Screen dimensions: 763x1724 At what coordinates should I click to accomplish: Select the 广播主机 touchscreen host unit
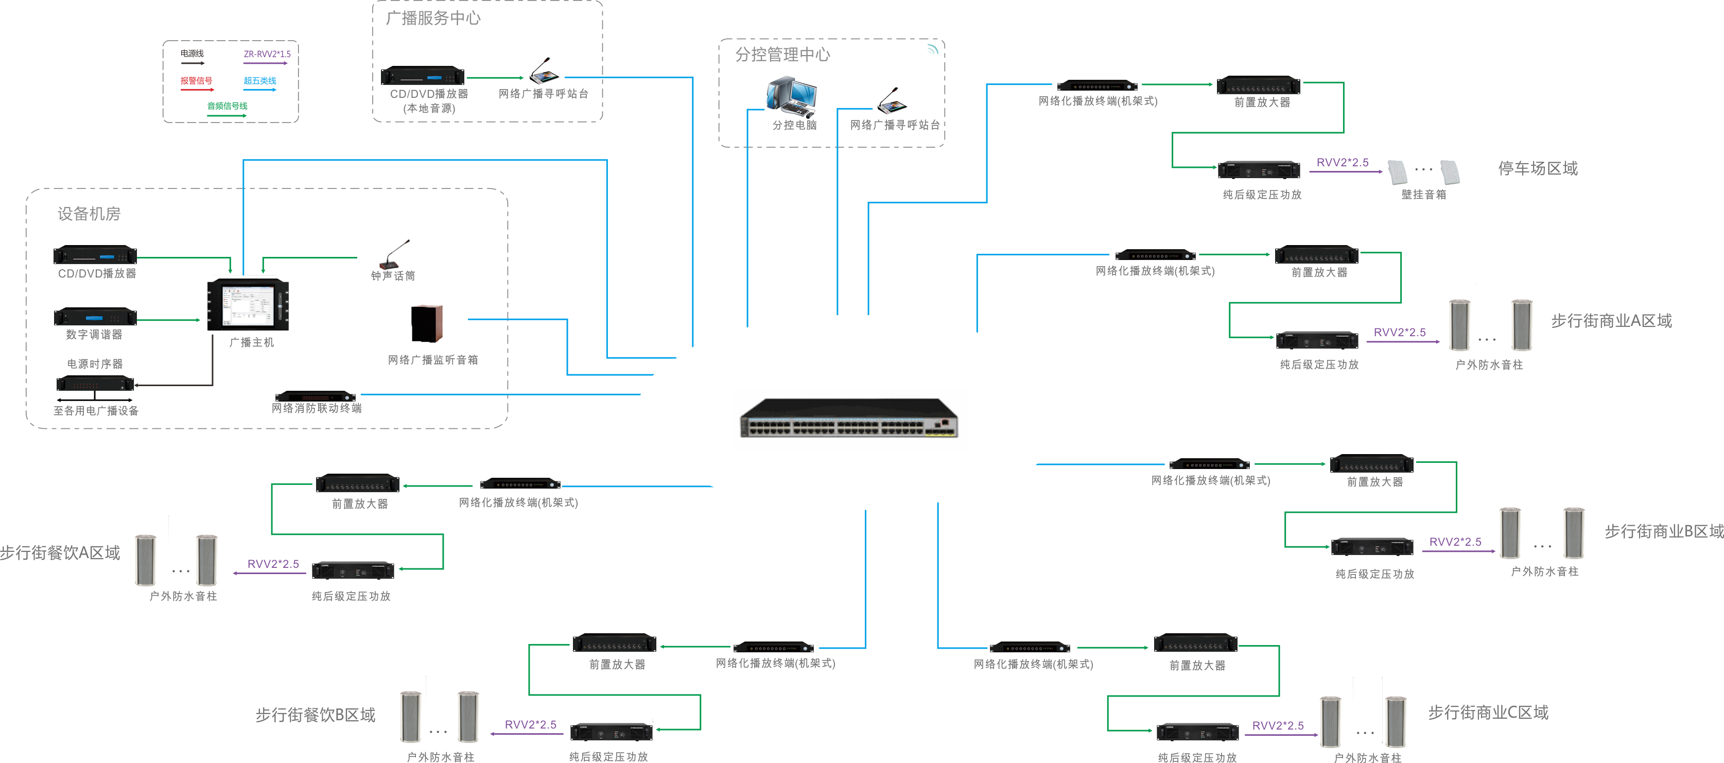248,305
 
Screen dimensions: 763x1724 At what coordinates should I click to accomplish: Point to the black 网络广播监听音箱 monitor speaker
427,324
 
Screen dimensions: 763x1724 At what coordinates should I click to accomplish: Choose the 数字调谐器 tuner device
95,316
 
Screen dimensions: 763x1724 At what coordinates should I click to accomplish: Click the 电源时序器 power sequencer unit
95,384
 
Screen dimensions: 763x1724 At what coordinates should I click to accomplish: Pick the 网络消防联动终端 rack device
315,395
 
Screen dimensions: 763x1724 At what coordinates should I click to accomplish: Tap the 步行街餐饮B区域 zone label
315,715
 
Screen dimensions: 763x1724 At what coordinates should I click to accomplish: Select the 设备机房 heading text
89,214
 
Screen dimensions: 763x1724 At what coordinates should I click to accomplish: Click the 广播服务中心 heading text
433,18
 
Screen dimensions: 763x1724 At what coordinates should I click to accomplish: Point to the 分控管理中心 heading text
782,54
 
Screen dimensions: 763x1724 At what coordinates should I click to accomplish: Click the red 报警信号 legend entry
196,81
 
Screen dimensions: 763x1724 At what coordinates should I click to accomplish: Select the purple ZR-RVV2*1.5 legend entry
266,54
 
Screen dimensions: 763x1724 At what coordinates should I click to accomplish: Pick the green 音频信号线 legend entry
227,106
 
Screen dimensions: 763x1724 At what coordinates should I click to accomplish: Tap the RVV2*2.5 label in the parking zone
1342,163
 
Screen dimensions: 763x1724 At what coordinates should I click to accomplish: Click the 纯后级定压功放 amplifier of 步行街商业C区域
1197,732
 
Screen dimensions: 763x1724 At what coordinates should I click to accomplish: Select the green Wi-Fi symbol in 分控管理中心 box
932,49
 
